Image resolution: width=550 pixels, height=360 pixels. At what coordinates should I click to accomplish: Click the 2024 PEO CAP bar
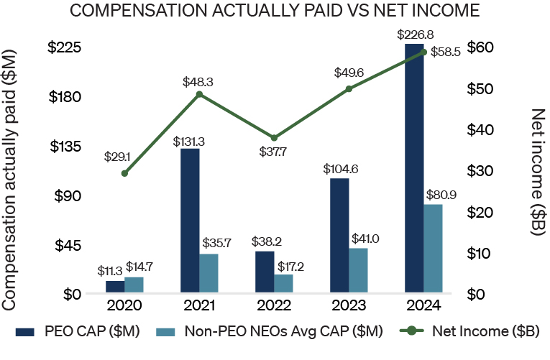click(x=414, y=168)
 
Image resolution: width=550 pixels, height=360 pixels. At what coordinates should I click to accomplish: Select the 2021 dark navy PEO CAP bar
click(x=190, y=221)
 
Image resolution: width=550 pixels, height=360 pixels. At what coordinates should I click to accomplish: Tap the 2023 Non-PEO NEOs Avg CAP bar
click(x=358, y=270)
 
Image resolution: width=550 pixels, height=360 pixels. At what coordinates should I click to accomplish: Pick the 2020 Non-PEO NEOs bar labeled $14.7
click(x=134, y=285)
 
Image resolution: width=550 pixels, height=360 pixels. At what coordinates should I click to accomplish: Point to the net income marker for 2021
click(x=199, y=94)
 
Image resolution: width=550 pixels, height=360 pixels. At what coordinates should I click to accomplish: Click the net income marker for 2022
click(x=274, y=138)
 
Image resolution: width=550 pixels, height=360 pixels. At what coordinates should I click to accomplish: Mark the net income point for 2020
click(x=124, y=173)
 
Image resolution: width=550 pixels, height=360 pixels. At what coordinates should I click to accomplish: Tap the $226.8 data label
click(x=415, y=34)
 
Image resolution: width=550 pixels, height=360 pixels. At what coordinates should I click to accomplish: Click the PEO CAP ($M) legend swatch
click(x=24, y=331)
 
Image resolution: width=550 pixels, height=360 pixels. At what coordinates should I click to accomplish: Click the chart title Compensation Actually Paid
click(x=274, y=11)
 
